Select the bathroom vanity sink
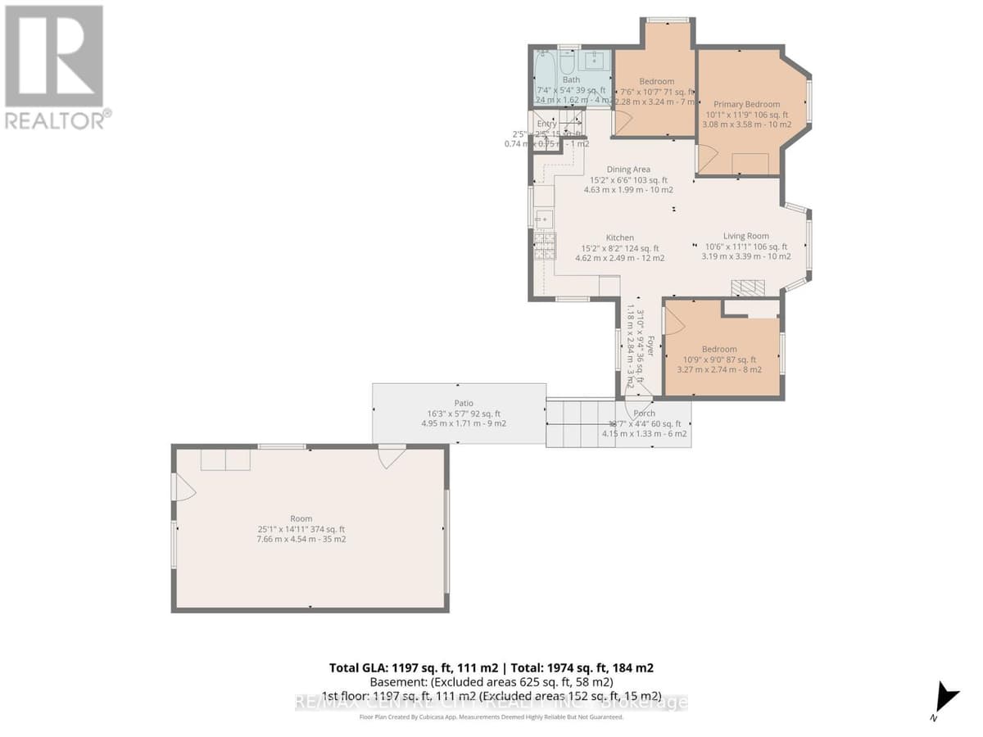coord(595,60)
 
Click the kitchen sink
coord(543,219)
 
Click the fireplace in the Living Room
coord(747,287)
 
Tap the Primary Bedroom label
coord(746,104)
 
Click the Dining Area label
coord(628,170)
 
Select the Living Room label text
coord(745,236)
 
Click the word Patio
coord(464,403)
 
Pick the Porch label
coord(645,414)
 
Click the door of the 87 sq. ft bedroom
coord(673,321)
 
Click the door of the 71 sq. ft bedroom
coord(623,123)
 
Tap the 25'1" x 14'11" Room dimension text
coord(301,529)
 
